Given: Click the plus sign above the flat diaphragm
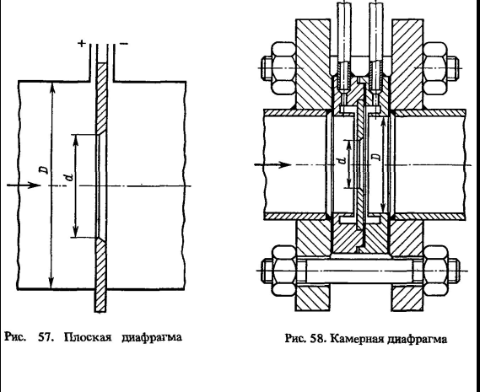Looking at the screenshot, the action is [82, 44].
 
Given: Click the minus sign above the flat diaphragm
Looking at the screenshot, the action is [124, 44].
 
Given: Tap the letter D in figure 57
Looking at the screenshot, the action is [45, 169].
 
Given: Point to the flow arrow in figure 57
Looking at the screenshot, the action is [24, 185].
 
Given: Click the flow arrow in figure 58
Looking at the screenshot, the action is [272, 165].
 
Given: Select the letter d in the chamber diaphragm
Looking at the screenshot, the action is [342, 160].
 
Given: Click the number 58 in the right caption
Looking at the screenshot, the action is [318, 339].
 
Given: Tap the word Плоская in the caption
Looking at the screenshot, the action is [88, 337].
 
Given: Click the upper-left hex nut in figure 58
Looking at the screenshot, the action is [283, 67].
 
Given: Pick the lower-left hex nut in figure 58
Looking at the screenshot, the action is [283, 271].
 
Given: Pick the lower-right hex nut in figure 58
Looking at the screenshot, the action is [435, 271].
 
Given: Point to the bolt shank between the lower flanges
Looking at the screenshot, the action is [359, 271].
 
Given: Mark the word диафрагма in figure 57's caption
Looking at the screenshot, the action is [152, 337].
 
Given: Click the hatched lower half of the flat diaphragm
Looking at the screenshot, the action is [101, 275].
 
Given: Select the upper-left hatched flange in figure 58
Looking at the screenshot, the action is [313, 64].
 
